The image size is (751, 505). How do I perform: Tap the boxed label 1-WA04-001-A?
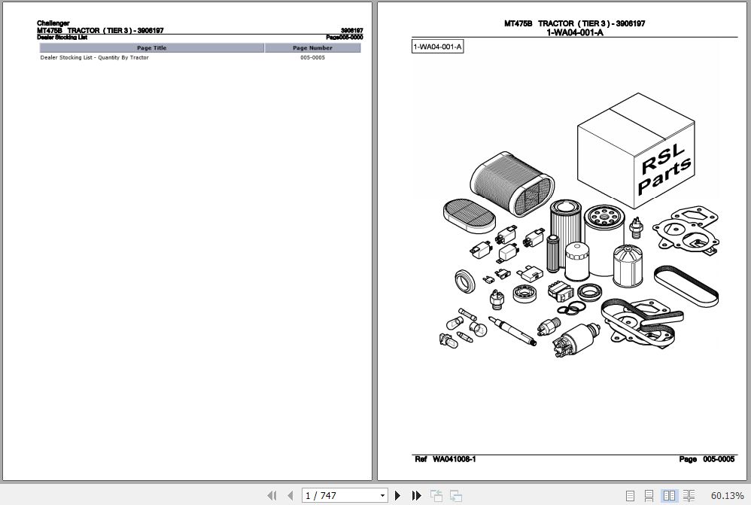437,47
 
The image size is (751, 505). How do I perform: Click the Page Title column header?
151,48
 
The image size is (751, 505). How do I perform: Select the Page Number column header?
312,48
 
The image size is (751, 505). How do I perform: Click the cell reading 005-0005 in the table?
312,58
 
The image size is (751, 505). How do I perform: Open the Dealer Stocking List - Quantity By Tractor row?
95,58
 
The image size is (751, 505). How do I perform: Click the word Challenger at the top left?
53,23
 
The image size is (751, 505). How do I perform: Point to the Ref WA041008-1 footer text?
445,459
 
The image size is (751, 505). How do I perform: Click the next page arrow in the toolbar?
398,495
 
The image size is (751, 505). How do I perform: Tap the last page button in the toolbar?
416,495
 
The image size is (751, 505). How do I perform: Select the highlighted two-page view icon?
669,495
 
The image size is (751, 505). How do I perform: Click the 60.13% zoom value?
727,495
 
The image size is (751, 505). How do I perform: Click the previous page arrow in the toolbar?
290,495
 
